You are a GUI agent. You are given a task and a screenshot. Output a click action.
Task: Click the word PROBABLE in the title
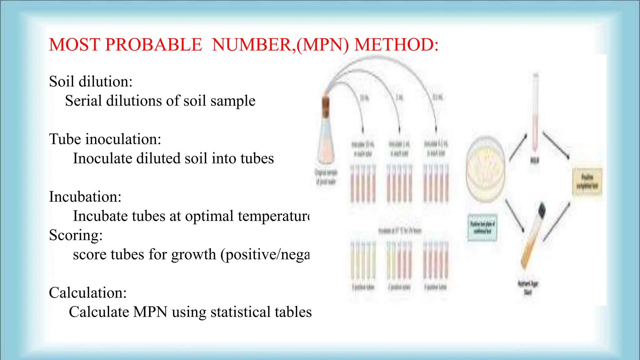coord(153,45)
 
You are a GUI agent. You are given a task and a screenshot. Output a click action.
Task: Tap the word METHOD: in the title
coord(396,45)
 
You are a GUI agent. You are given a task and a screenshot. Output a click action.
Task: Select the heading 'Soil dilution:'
coord(91,82)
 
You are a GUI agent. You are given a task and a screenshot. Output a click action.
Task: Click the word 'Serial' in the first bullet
coord(83,101)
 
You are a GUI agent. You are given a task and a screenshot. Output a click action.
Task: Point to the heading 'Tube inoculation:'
coord(105,139)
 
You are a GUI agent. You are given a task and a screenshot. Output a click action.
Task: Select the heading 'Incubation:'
coord(85,197)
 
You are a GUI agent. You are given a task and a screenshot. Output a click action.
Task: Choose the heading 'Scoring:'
coord(76,235)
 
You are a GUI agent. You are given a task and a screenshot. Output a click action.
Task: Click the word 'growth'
coord(193,255)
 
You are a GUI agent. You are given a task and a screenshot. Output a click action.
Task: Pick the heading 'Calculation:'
coord(87,293)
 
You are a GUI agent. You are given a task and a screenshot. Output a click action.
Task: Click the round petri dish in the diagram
coord(485,169)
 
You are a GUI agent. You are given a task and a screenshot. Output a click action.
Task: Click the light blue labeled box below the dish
coord(482,227)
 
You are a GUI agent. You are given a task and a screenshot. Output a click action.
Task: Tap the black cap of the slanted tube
coord(542,210)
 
